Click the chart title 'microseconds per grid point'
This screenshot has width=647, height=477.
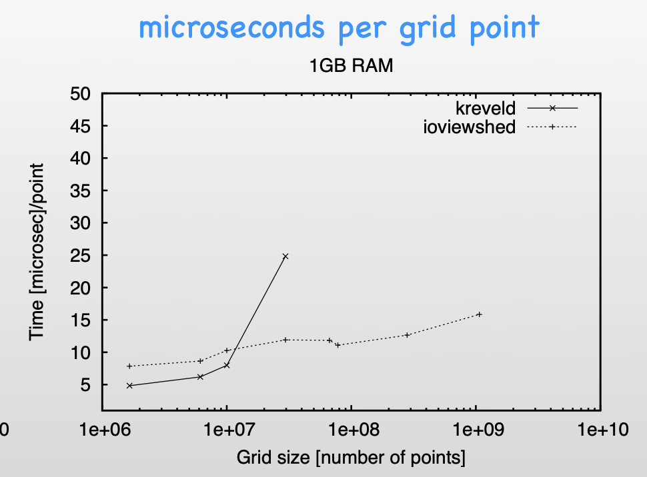click(339, 28)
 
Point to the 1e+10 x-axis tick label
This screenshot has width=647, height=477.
click(599, 429)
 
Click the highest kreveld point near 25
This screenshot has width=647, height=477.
click(285, 256)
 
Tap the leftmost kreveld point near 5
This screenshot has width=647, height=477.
click(129, 386)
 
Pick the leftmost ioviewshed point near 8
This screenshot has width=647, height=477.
click(129, 366)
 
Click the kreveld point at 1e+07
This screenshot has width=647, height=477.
click(227, 365)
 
